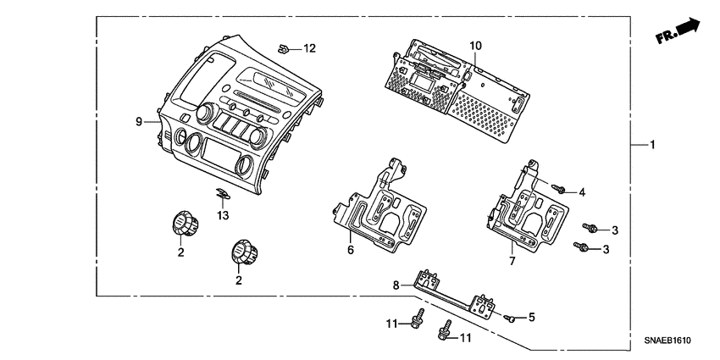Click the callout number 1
click(652, 146)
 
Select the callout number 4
click(583, 193)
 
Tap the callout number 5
click(531, 318)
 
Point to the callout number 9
click(138, 122)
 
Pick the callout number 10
click(475, 44)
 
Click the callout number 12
click(309, 48)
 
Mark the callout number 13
click(223, 216)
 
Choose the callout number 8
click(395, 285)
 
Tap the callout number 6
click(349, 251)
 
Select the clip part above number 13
click(222, 196)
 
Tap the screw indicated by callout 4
click(559, 187)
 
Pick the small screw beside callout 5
click(511, 318)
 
